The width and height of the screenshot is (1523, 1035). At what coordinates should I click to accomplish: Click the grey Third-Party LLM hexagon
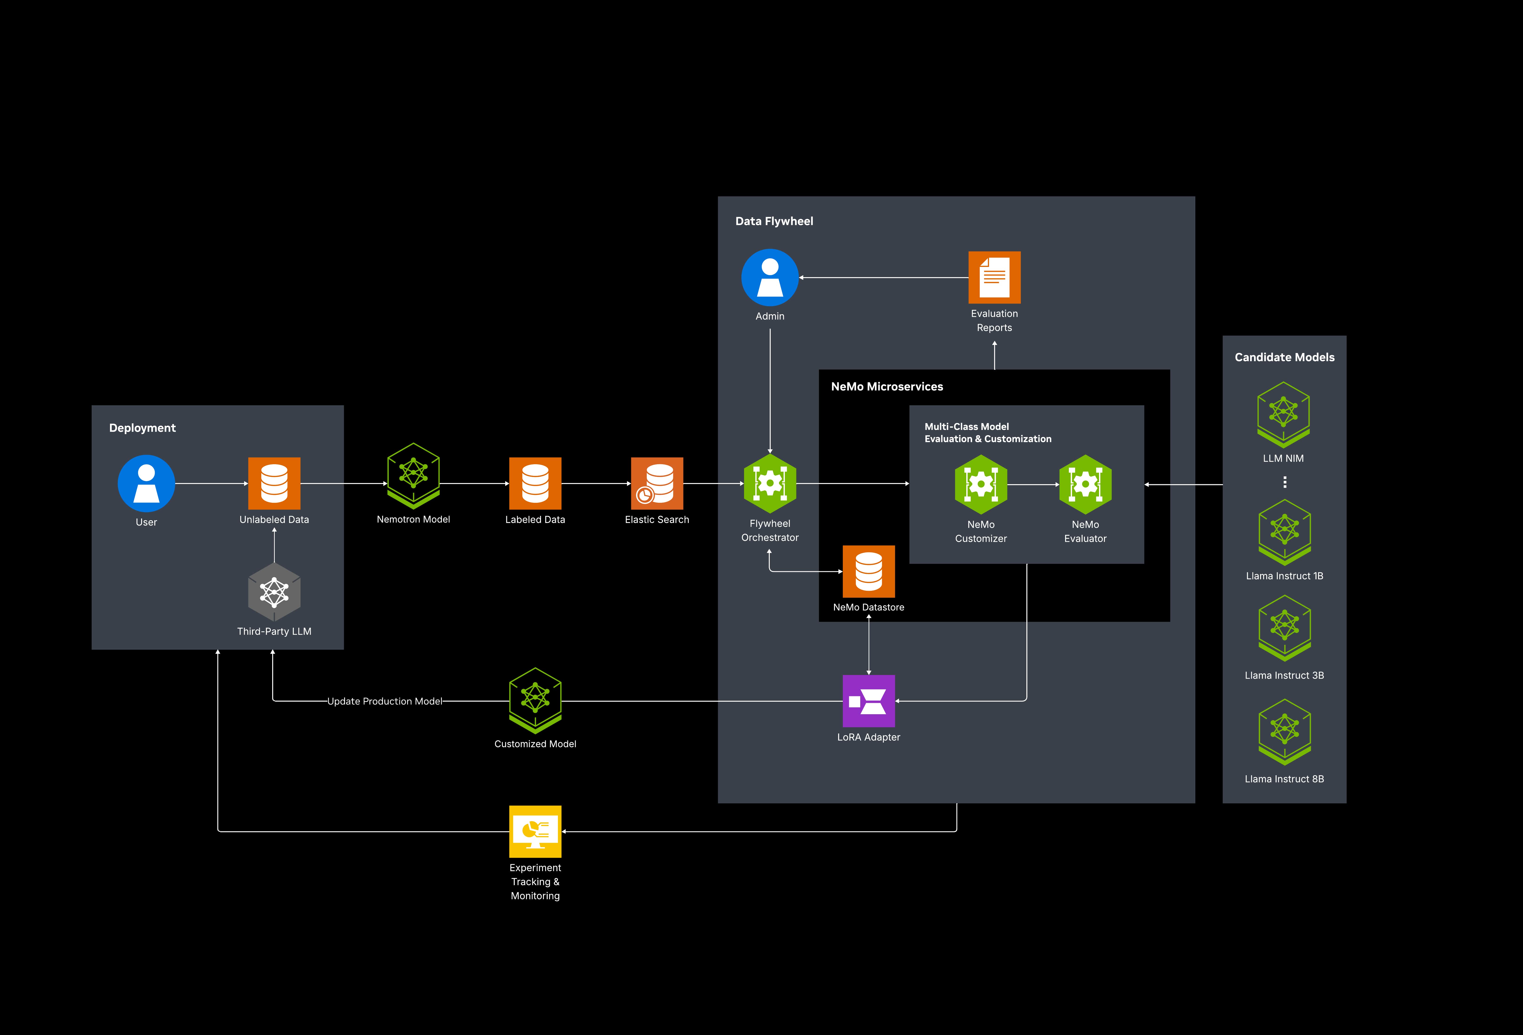(274, 592)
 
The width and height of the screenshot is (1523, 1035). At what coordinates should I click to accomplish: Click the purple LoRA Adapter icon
(868, 701)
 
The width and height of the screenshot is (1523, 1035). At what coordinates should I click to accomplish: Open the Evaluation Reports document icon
(994, 277)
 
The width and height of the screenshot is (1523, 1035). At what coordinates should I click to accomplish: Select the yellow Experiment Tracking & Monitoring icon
(535, 831)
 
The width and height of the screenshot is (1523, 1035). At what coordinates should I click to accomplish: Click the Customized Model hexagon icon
(535, 700)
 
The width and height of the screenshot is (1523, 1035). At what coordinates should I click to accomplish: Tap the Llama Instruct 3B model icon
(1284, 628)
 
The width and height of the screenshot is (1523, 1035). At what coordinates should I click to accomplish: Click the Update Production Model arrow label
(385, 701)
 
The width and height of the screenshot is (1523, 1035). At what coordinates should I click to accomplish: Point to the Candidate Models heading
(1284, 357)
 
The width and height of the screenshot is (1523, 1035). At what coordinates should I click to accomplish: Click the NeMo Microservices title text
(887, 387)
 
